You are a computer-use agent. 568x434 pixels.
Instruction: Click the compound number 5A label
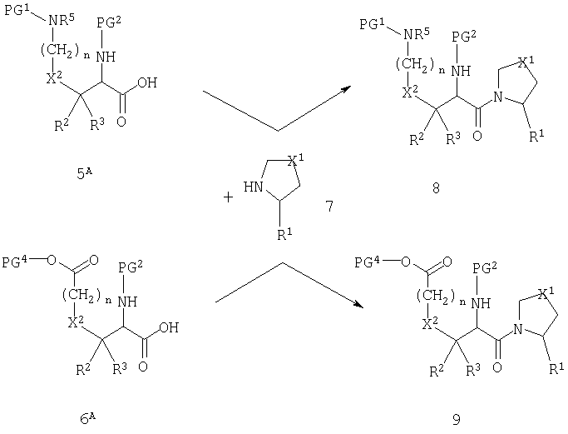[84, 174]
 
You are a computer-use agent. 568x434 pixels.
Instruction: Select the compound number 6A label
[87, 419]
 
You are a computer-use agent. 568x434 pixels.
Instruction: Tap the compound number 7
[329, 207]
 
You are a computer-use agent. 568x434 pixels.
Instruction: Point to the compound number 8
[436, 188]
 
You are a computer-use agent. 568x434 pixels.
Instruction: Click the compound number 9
[456, 420]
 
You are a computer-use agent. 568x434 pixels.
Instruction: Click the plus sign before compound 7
[228, 197]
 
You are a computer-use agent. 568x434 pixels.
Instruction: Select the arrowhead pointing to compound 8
[347, 89]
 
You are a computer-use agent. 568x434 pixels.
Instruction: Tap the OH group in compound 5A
[147, 82]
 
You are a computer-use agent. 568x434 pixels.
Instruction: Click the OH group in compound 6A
[169, 327]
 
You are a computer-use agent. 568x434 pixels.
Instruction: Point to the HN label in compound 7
[253, 187]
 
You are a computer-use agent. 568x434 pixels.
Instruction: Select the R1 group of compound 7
[284, 234]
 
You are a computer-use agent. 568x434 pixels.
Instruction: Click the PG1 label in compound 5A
[17, 10]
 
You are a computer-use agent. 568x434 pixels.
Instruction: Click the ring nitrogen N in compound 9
[518, 329]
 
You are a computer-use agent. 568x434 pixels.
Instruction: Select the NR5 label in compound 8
[417, 35]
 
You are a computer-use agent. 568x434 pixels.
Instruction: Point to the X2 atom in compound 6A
[76, 322]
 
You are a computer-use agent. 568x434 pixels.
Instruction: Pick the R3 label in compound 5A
[97, 124]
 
